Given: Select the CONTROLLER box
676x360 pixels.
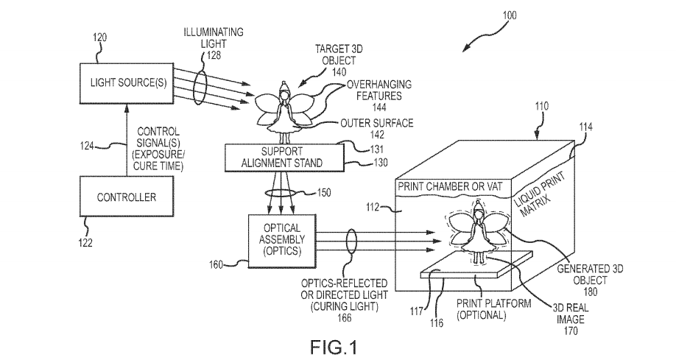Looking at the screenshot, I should tap(127, 197).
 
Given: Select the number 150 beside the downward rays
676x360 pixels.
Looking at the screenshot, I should tap(322, 193).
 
